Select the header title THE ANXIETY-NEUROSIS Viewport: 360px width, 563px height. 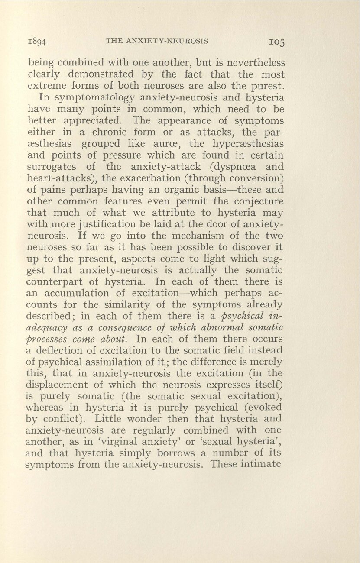[x=157, y=42]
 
